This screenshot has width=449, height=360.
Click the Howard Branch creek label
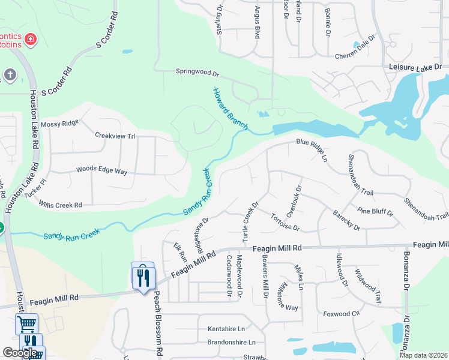[230, 109]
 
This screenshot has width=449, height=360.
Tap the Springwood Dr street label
[197, 73]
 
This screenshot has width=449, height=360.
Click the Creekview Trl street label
[115, 136]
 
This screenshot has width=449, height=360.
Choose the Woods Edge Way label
[101, 171]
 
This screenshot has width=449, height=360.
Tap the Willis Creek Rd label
[60, 205]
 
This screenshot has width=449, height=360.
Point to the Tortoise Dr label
[285, 222]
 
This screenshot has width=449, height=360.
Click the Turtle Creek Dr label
[250, 222]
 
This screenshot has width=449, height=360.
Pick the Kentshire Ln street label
[226, 329]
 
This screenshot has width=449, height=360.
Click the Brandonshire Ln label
[231, 343]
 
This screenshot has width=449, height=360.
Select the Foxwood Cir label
[341, 313]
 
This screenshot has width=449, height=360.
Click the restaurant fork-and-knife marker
[143, 277]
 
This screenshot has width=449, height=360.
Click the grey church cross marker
[10, 75]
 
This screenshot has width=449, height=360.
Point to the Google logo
[20, 353]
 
